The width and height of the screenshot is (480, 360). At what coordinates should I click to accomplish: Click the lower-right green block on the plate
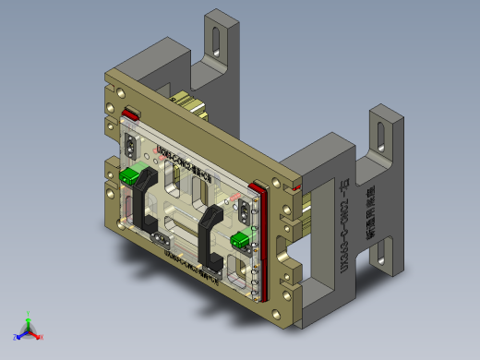point(240,241)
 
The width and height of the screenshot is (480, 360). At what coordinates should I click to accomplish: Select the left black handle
point(143,203)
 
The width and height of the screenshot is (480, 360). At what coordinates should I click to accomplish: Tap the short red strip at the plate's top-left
point(131,114)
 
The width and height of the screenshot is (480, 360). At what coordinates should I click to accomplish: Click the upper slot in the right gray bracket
point(379,135)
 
